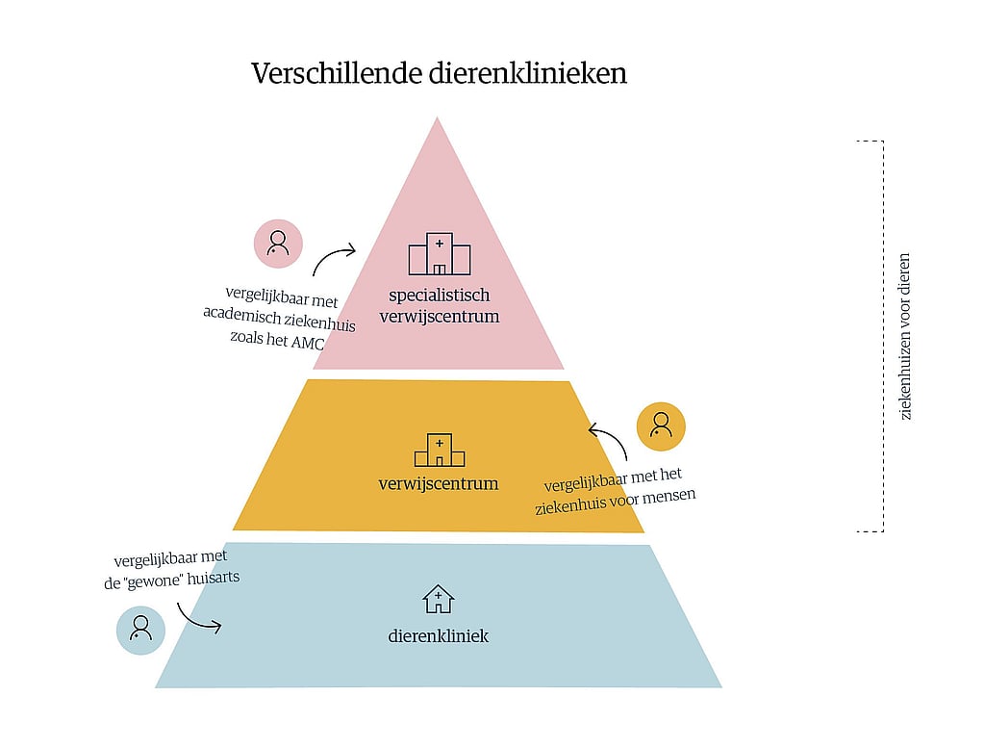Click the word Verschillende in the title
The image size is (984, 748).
(x=337, y=73)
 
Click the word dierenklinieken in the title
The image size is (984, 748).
(x=528, y=73)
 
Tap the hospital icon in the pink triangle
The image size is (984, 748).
(x=440, y=254)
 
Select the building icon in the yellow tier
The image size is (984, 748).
(x=440, y=450)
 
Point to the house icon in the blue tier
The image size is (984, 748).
(x=438, y=599)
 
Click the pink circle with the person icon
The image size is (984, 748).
(x=278, y=244)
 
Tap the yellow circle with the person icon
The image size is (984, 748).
(x=661, y=426)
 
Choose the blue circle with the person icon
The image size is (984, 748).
(x=140, y=630)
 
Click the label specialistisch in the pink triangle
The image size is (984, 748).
(x=440, y=296)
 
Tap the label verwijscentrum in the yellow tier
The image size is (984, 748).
(x=439, y=483)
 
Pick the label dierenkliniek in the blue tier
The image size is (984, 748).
(x=438, y=636)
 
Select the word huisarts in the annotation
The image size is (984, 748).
(x=214, y=578)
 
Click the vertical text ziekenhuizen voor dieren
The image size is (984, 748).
(x=904, y=337)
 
